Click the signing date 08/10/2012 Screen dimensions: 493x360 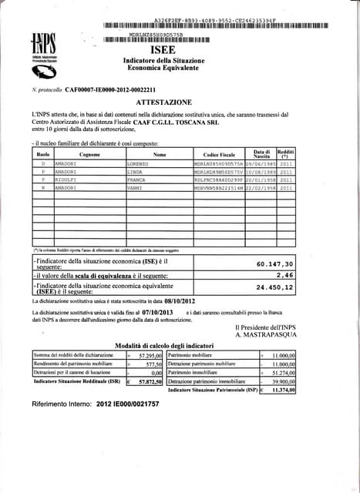tap(186, 301)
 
